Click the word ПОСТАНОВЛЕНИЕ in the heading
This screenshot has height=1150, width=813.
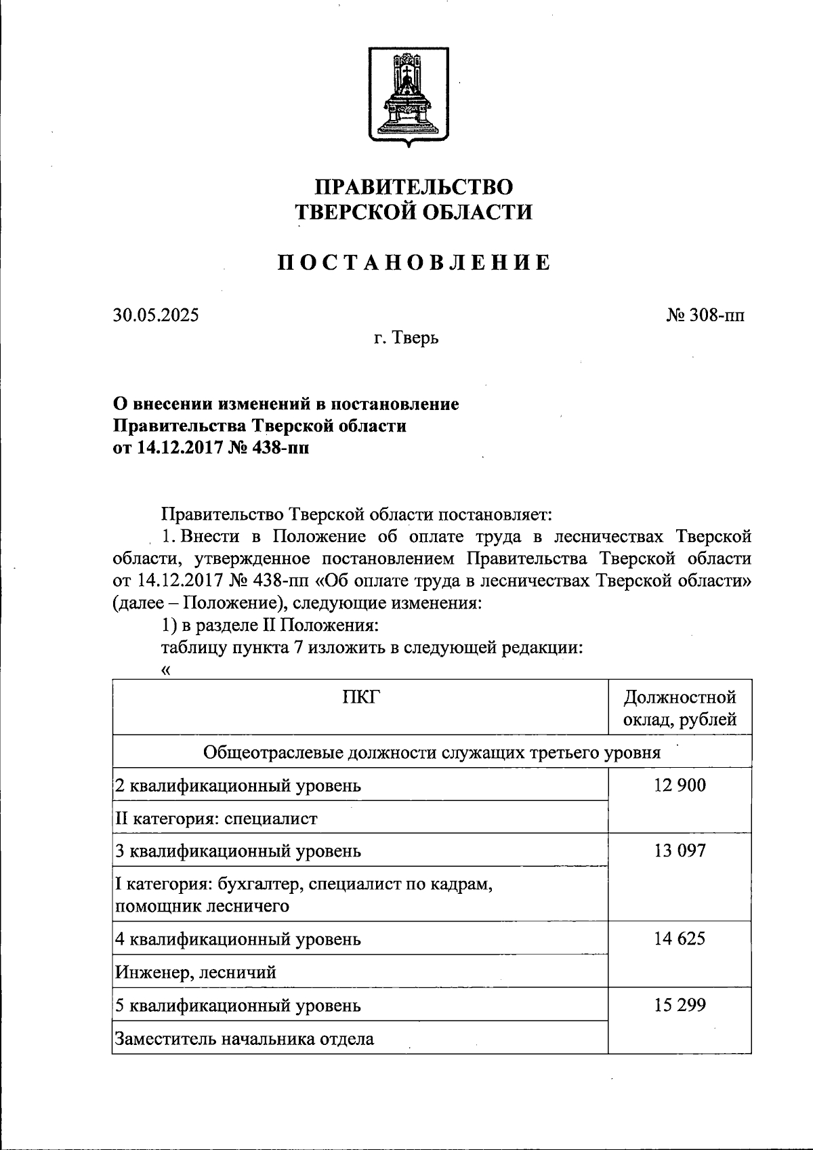tap(414, 263)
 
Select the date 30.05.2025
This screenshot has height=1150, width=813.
tap(156, 315)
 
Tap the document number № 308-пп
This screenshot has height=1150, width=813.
tap(705, 315)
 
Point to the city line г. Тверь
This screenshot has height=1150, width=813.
tap(406, 337)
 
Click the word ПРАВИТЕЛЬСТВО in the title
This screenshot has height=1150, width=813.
tap(415, 187)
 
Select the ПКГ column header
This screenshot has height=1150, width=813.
tap(360, 696)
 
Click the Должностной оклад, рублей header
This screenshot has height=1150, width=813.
tap(680, 708)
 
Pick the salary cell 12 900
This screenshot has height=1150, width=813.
tap(680, 785)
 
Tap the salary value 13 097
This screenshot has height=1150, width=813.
tap(680, 850)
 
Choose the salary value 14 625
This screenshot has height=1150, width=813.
tap(680, 939)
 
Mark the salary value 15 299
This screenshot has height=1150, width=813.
tap(680, 1005)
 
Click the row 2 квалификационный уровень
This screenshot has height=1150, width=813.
tap(238, 786)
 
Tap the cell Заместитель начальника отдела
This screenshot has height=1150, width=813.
tap(244, 1039)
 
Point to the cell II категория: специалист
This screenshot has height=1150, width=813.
tap(216, 819)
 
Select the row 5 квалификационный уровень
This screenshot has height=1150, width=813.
tap(238, 1006)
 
